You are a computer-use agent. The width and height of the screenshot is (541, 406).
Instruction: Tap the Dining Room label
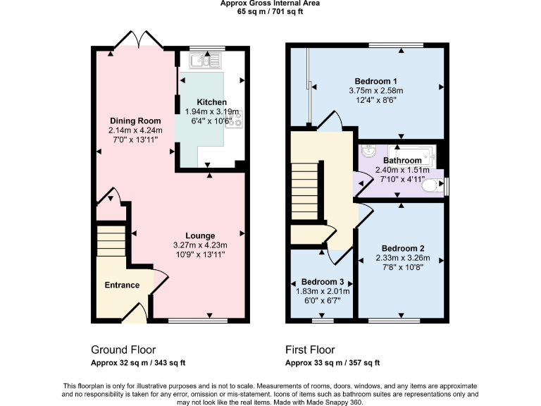coord(135,121)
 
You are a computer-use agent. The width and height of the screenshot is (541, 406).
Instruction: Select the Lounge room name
coord(200,235)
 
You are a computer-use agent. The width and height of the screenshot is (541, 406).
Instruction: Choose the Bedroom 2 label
coord(402,248)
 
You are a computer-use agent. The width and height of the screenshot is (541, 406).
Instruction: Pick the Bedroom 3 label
coord(321,281)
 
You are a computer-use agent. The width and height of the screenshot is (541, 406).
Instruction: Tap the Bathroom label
coord(397,161)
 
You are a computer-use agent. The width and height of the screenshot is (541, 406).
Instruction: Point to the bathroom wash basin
coord(368,153)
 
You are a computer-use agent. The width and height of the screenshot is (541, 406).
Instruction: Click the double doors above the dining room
coord(136,40)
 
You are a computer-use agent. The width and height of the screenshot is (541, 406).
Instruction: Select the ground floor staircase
coord(110,246)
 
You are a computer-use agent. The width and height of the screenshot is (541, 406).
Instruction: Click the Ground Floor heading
coord(123,350)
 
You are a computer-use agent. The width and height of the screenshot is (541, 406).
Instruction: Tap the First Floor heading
coord(310,350)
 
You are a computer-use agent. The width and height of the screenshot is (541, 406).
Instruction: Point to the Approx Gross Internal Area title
coord(270,4)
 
